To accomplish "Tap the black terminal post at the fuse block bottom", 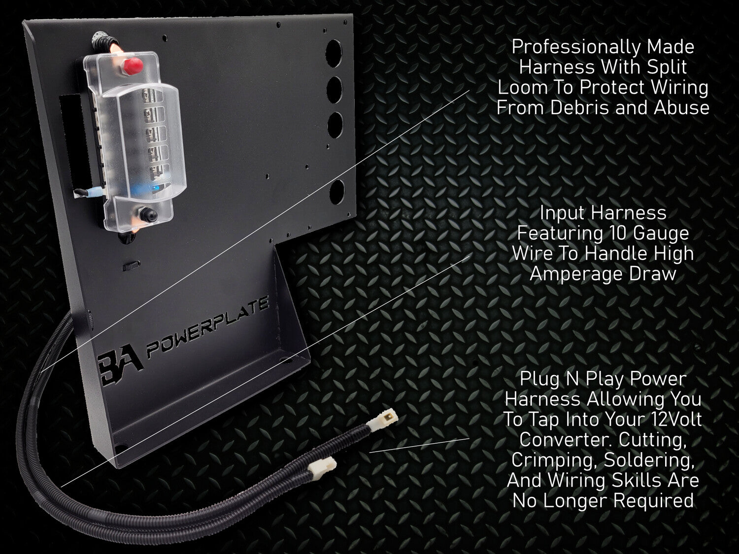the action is tap(148, 213).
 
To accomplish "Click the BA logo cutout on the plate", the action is tap(120, 368).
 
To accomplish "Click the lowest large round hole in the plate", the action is tap(336, 192).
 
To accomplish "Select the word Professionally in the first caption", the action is tap(574, 47).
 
